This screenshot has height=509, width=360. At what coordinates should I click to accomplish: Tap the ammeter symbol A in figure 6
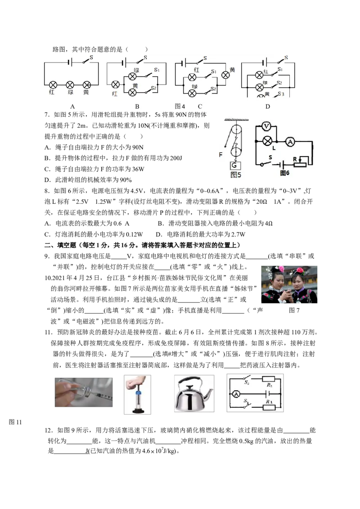290,142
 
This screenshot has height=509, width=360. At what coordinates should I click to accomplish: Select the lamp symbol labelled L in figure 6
267,141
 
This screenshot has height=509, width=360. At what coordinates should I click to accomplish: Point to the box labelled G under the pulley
234,165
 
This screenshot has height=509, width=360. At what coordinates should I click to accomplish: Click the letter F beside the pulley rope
220,155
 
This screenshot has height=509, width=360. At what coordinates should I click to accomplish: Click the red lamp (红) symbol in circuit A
53,85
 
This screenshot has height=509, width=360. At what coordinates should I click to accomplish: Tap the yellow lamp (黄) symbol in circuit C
225,75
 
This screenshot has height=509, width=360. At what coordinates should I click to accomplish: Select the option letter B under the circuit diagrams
137,107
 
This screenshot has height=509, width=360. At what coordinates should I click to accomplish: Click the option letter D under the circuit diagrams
267,107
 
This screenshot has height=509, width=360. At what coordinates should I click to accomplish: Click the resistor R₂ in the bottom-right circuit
269,379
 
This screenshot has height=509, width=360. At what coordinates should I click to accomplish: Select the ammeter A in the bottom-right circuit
236,394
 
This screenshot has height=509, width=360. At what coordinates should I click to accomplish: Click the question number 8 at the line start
46,191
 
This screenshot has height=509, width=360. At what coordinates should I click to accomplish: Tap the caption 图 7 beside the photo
294,310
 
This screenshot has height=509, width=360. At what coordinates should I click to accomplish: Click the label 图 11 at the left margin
15,422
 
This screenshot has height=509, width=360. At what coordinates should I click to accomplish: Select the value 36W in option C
138,169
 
